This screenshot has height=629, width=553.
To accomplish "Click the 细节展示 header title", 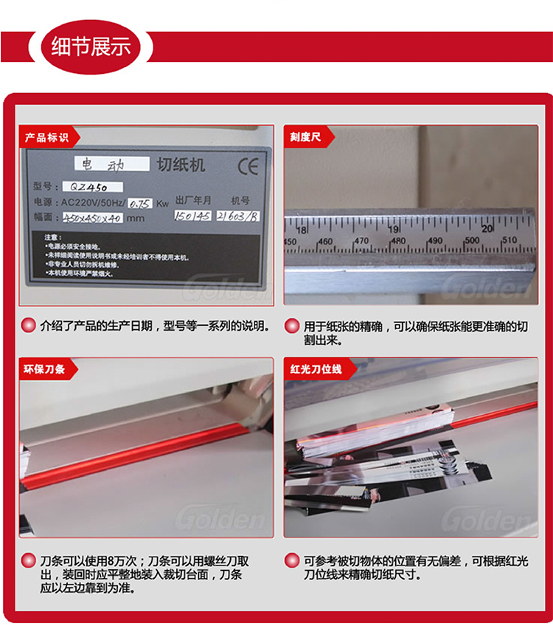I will click(x=91, y=47).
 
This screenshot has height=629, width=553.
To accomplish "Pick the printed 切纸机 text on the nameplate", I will click(x=181, y=163).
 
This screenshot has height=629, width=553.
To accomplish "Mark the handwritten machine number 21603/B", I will click(x=238, y=216).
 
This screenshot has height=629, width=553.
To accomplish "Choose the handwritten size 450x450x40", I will click(x=91, y=218).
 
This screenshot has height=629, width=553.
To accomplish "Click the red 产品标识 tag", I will click(x=47, y=137).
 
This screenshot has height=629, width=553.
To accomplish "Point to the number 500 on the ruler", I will click(x=471, y=241).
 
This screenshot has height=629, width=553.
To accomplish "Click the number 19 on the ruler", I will click(x=394, y=230).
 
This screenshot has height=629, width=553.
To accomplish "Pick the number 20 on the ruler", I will click(x=487, y=229).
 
